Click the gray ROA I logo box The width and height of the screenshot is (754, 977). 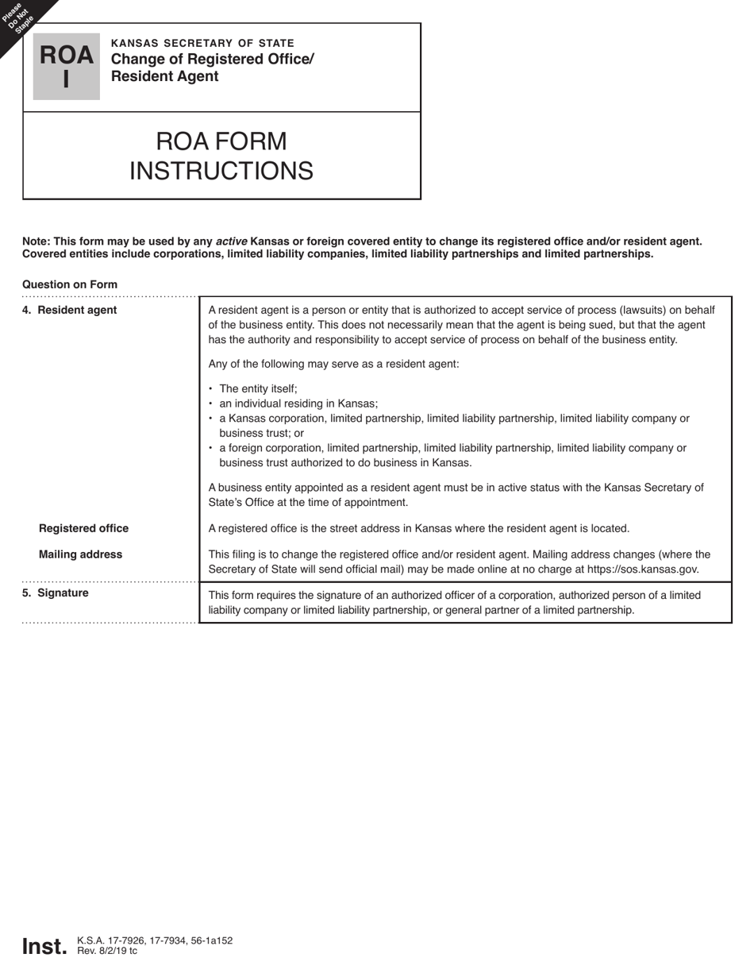pos(66,67)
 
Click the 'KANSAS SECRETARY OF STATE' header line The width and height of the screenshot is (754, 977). pos(202,43)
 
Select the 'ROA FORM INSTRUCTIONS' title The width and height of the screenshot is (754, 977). pos(221,156)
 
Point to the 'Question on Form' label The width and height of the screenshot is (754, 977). pos(70,284)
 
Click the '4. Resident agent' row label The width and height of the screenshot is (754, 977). pos(70,310)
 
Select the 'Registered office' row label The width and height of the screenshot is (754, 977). pos(83,528)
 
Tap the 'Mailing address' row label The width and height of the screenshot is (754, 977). pos(80,554)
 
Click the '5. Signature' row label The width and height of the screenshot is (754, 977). pos(56,593)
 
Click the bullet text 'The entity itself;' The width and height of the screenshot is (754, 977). pos(258,388)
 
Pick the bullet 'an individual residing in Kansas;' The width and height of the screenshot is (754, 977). pos(298,404)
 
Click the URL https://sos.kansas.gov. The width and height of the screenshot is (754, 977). pos(642,570)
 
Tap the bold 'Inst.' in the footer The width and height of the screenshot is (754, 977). pos(44,946)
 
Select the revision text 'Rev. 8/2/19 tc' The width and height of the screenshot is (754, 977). pos(107,951)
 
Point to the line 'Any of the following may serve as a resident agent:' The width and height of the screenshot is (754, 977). pos(333,364)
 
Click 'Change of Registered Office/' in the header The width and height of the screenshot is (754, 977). pos(213,60)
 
